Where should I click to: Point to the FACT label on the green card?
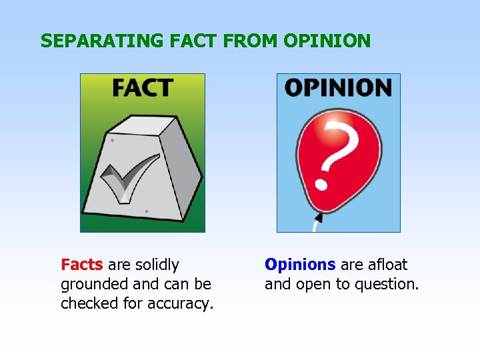[x=142, y=87]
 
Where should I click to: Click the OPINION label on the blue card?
[x=338, y=87]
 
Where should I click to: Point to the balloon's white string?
[x=316, y=225]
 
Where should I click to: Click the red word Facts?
[x=81, y=265]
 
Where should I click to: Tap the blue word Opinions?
[x=300, y=265]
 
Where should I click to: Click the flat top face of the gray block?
[x=143, y=124]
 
